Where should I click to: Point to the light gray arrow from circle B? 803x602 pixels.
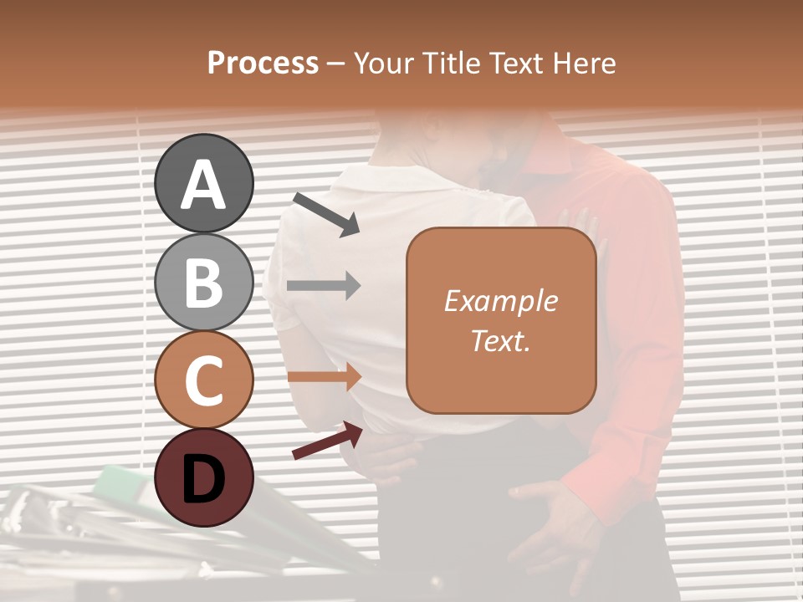coord(324,286)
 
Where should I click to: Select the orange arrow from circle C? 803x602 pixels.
coord(324,377)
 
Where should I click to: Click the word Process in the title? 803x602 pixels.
coord(263,64)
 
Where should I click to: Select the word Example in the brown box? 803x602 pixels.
coord(500,302)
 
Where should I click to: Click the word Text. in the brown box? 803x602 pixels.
coord(500,341)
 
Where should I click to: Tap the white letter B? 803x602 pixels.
coord(203,283)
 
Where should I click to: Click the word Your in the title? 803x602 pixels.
coord(386,64)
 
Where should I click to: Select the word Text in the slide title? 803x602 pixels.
coord(514,64)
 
